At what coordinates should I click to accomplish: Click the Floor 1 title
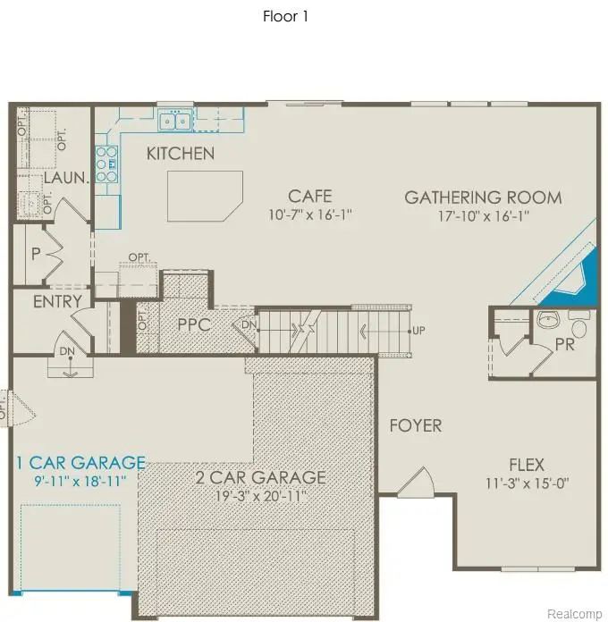pyautogui.click(x=285, y=16)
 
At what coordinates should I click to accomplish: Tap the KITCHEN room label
pyautogui.click(x=181, y=154)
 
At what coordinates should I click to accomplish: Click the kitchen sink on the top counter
pyautogui.click(x=174, y=120)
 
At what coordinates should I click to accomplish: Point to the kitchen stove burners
pyautogui.click(x=106, y=164)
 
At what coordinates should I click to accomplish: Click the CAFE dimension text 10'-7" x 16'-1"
pyautogui.click(x=310, y=214)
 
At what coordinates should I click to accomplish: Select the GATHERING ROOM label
pyautogui.click(x=483, y=198)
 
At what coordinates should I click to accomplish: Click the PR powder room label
pyautogui.click(x=564, y=345)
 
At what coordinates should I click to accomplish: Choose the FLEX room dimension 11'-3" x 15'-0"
pyautogui.click(x=527, y=483)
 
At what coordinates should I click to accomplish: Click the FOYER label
pyautogui.click(x=416, y=425)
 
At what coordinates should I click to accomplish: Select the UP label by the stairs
pyautogui.click(x=418, y=331)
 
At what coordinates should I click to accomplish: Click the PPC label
pyautogui.click(x=193, y=324)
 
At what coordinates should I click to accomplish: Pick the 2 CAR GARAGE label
pyautogui.click(x=261, y=476)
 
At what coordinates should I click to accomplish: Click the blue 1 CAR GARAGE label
pyautogui.click(x=80, y=462)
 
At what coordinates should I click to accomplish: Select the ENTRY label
pyautogui.click(x=57, y=302)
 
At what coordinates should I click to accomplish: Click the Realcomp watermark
pyautogui.click(x=572, y=613)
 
